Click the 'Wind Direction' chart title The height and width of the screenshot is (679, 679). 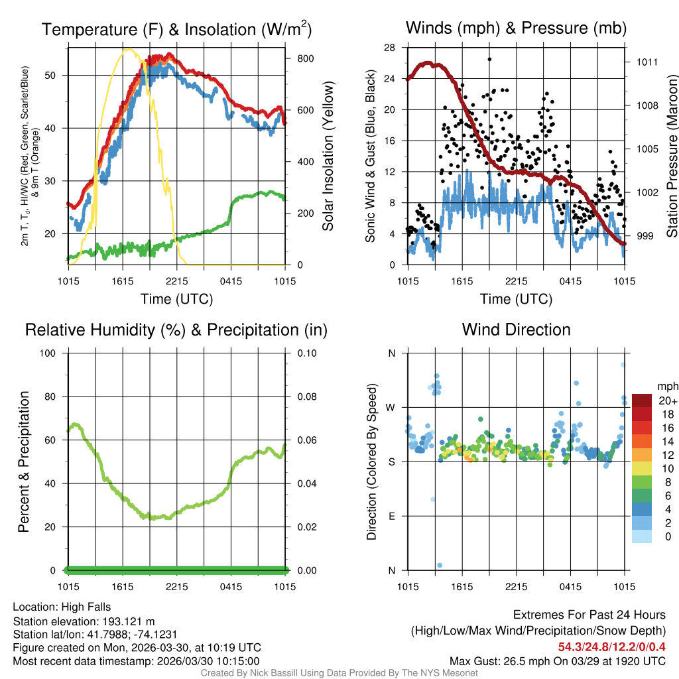(516, 330)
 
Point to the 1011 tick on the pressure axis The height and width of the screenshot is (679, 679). (647, 62)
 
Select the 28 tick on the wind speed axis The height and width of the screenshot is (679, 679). (390, 48)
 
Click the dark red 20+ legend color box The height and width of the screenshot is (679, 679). (643, 401)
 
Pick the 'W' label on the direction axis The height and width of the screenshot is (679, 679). (391, 407)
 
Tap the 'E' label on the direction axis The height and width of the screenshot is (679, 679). (392, 516)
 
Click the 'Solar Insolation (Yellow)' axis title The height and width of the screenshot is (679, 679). (328, 156)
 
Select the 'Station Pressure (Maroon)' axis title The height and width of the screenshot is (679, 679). (671, 156)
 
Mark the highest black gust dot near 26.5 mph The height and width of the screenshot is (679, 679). (489, 59)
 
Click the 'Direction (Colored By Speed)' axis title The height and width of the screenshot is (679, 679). (371, 461)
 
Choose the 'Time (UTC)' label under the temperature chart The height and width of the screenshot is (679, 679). (176, 299)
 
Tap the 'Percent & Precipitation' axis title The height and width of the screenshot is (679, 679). (24, 461)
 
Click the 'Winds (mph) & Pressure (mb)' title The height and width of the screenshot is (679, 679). (516, 29)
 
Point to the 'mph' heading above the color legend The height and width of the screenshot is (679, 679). (667, 386)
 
